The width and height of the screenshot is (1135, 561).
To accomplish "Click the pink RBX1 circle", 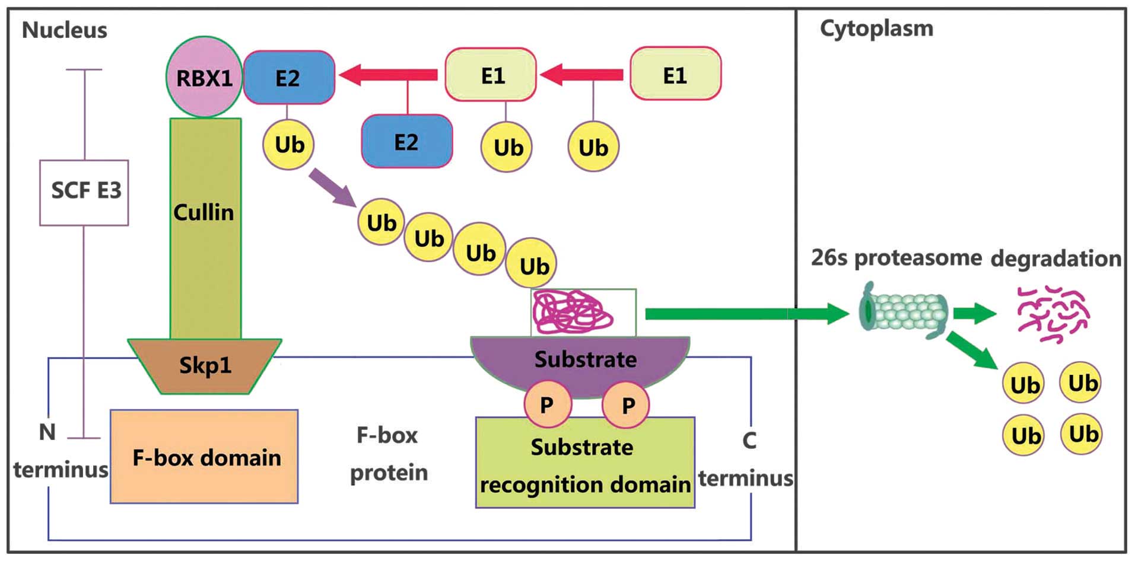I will (x=204, y=77).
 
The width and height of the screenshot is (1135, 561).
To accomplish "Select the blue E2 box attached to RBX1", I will (x=289, y=78).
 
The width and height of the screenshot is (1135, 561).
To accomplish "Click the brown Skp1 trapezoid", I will (x=205, y=365).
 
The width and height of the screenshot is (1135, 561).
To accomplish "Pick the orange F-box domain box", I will (x=204, y=457).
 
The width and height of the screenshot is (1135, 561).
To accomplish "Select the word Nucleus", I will (x=65, y=30).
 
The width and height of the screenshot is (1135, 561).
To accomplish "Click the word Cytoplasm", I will (x=876, y=28).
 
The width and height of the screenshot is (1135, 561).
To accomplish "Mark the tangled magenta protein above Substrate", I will (x=573, y=312).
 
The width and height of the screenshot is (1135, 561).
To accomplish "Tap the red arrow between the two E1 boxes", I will (x=582, y=75).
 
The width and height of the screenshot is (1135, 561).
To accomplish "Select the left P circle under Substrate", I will (x=547, y=404).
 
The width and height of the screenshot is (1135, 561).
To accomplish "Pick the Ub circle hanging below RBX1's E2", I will (x=288, y=145).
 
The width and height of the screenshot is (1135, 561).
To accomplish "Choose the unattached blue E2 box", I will (x=406, y=142).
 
